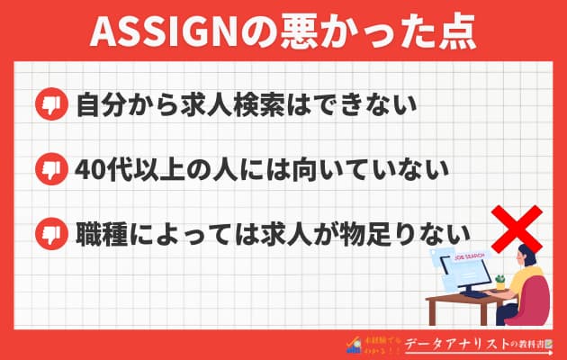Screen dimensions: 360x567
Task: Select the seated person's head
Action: pyautogui.click(x=526, y=258)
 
